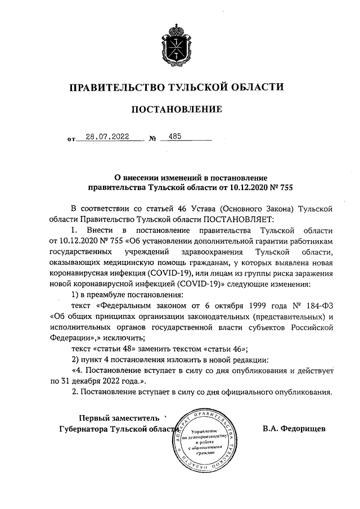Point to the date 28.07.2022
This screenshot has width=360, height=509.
108,136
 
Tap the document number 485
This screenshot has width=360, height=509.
167,136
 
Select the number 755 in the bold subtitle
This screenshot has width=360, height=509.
284,186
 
